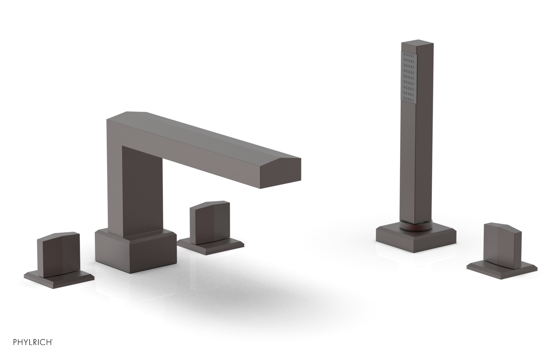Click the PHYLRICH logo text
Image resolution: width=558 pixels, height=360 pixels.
[32, 342]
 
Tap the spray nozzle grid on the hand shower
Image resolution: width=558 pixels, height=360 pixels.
[409, 80]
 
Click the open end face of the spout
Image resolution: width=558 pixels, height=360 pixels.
[280, 173]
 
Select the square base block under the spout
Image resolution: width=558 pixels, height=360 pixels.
[136, 251]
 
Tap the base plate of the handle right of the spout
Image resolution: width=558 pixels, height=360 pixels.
[211, 245]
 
